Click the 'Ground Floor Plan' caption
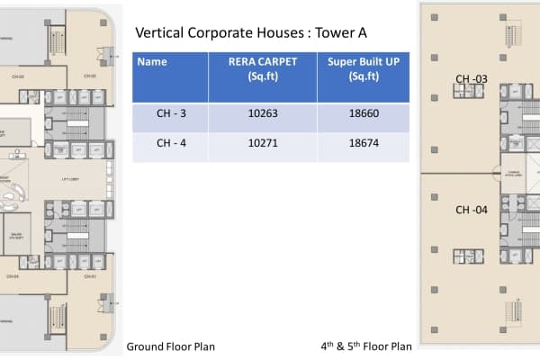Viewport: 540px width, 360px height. point(170,346)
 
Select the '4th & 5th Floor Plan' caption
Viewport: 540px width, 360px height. point(366,346)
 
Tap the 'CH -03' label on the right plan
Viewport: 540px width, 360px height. point(471,79)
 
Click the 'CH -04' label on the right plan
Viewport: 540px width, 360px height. point(471,210)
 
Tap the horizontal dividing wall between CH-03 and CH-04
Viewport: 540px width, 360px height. point(459,169)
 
